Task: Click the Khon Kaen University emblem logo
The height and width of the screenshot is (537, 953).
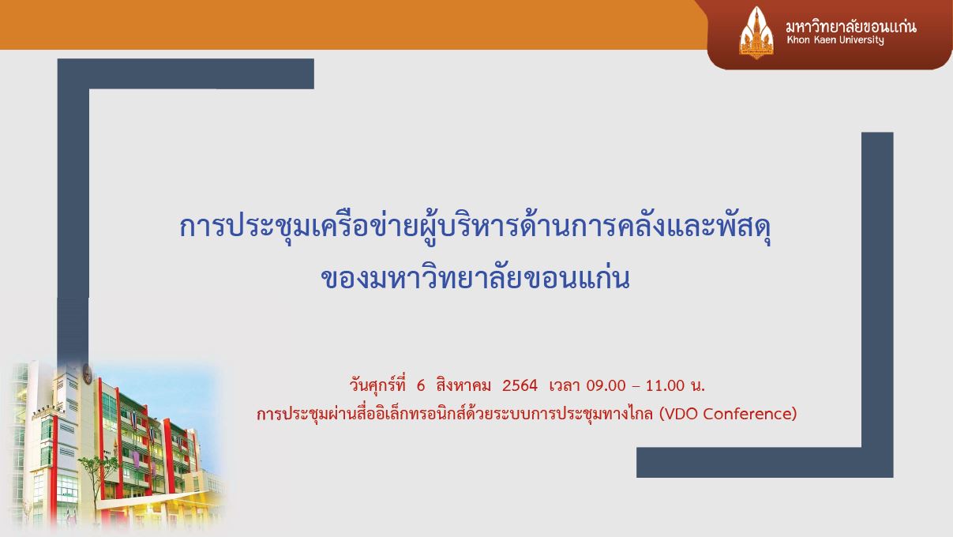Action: pos(756,32)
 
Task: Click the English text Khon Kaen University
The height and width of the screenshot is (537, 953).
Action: pos(835,40)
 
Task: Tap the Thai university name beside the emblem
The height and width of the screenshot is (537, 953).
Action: pos(851,26)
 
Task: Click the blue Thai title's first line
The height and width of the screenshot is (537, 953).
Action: pos(475,227)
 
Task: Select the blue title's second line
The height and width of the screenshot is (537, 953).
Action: pos(475,279)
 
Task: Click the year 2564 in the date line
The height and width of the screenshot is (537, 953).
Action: pos(520,386)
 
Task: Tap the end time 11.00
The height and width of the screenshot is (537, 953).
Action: pos(665,386)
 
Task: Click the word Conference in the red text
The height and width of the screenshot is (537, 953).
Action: pos(749,414)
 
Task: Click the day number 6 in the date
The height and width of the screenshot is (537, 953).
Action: pos(421,386)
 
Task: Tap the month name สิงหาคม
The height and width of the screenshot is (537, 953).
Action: pos(463,385)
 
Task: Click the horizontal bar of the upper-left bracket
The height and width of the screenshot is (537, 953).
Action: pos(186,73)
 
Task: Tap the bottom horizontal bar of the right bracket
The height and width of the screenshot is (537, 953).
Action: pos(765,462)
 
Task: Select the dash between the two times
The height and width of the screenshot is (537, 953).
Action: pos(636,387)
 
